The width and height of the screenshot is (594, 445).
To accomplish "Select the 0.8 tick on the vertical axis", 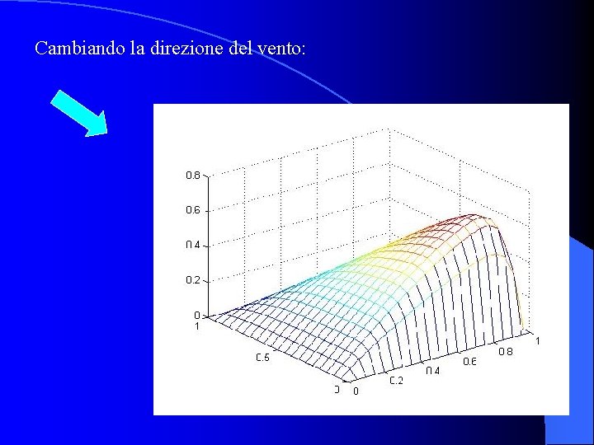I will (192, 175).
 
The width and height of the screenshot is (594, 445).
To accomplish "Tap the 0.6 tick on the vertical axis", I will (192, 210).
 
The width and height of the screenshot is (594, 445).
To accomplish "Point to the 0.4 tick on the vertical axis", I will (192, 245).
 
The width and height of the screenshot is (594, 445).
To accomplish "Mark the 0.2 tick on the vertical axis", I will (192, 280).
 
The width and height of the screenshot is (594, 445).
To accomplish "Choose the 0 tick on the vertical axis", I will (196, 315).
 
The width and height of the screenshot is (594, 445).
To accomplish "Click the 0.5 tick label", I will (262, 358).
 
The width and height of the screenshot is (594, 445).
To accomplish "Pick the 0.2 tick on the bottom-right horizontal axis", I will (397, 381).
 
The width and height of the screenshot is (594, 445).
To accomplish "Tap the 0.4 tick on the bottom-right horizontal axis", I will (433, 371).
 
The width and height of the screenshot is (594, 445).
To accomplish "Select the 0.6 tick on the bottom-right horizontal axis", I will (469, 361).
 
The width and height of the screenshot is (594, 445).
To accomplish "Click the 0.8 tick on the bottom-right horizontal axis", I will (505, 351).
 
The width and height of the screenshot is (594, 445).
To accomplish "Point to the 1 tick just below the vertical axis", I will (196, 326).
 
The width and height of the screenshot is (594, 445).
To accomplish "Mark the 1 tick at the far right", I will (538, 340).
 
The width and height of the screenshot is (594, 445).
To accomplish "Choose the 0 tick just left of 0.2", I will (356, 391).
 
